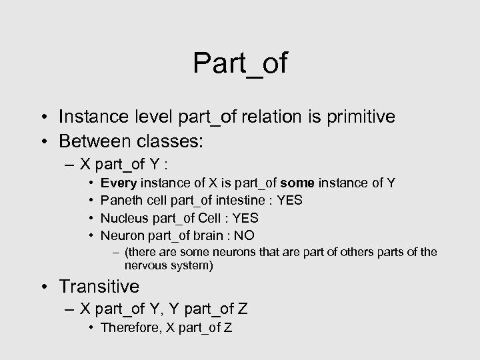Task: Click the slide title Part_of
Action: pyautogui.click(x=240, y=63)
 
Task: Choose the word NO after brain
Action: pyautogui.click(x=243, y=235)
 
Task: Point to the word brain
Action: pyautogui.click(x=203, y=235)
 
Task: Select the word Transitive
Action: pyautogui.click(x=99, y=287)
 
